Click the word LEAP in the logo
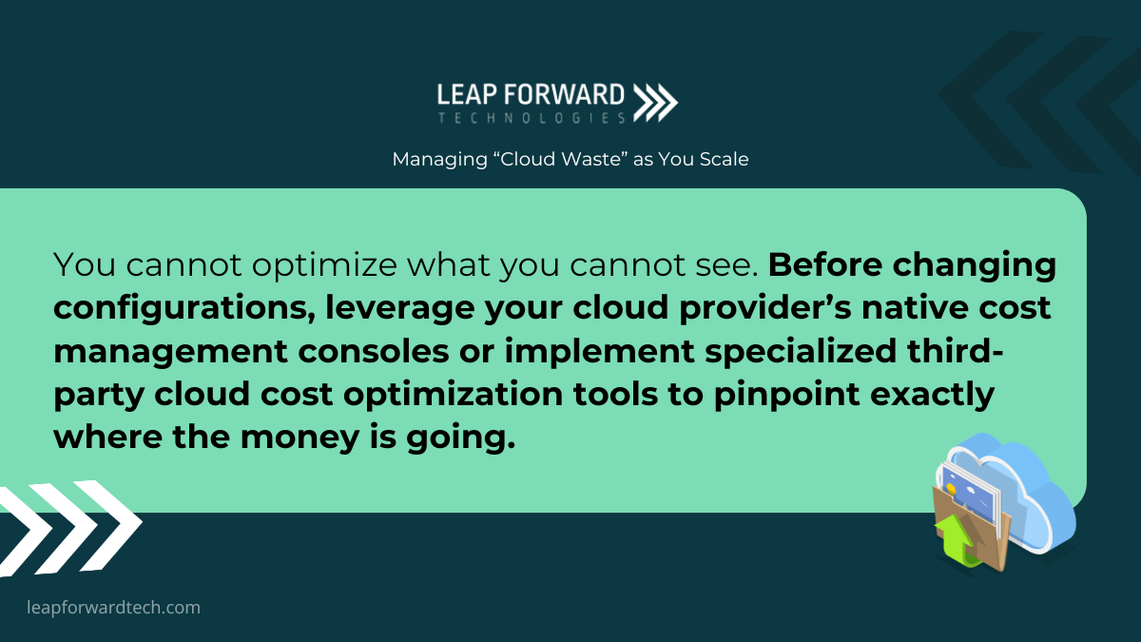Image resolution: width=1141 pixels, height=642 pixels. tap(467, 95)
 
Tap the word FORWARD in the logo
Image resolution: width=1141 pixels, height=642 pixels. tap(565, 95)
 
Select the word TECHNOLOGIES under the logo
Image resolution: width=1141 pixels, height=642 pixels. tap(532, 118)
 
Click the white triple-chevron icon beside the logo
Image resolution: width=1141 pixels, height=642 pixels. tap(655, 103)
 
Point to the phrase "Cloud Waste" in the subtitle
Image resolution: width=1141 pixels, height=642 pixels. tap(560, 159)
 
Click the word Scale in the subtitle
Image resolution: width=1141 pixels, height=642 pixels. tap(724, 159)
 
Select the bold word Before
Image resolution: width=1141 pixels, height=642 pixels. tap(825, 264)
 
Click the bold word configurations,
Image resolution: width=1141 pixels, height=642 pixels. tap(184, 309)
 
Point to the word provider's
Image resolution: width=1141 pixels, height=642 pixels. tap(765, 308)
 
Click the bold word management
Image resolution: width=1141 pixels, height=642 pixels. tap(170, 352)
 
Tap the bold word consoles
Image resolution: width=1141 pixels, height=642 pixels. tap(374, 352)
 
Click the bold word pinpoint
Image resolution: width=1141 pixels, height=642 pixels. tap(786, 395)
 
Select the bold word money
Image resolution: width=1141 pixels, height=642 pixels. tap(300, 438)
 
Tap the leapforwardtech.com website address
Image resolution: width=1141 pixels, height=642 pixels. tap(113, 608)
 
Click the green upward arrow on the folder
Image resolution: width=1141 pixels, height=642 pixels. tap(954, 540)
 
